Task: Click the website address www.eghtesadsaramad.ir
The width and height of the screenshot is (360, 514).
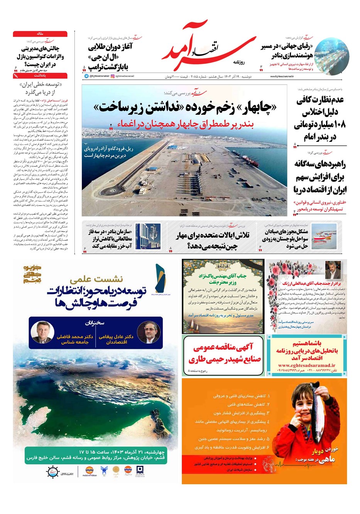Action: click(x=306, y=365)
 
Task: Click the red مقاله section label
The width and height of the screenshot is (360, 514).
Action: click(x=40, y=34)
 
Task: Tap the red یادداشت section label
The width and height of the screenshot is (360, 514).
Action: click(x=40, y=76)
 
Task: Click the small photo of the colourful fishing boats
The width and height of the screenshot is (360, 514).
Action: click(x=324, y=236)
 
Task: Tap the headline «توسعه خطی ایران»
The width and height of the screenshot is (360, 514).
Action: click(x=41, y=85)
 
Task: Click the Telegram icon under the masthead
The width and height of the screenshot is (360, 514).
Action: click(x=86, y=76)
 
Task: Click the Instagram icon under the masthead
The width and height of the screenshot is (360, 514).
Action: click(x=113, y=76)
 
